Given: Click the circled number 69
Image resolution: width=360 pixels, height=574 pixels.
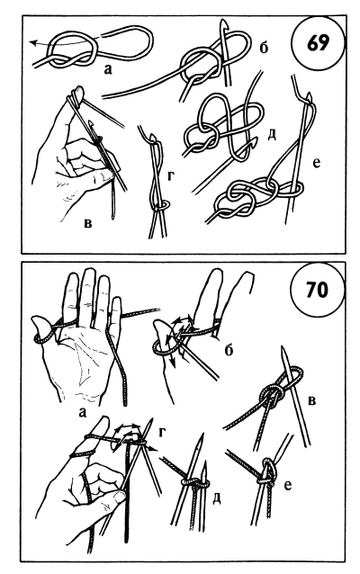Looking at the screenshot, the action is pyautogui.click(x=319, y=43).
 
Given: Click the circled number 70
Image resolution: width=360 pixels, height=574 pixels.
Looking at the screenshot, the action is pyautogui.click(x=316, y=291).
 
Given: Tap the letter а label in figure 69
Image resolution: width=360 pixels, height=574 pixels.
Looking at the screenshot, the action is pyautogui.click(x=107, y=69).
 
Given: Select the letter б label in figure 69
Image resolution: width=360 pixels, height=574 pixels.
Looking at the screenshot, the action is pyautogui.click(x=264, y=47).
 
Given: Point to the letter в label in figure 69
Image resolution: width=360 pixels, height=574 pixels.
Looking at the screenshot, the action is pyautogui.click(x=88, y=222).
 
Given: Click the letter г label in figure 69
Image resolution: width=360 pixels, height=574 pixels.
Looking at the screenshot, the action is pyautogui.click(x=171, y=175).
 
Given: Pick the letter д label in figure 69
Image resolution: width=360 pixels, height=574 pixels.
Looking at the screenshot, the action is pyautogui.click(x=272, y=135).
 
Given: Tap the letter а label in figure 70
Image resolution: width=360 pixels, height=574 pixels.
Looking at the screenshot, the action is pyautogui.click(x=83, y=413).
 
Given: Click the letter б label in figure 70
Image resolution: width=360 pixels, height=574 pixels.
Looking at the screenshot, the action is pyautogui.click(x=229, y=350).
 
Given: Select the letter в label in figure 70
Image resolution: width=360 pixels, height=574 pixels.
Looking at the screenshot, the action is pyautogui.click(x=311, y=401).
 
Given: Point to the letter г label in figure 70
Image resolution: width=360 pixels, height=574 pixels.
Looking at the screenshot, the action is pyautogui.click(x=162, y=433).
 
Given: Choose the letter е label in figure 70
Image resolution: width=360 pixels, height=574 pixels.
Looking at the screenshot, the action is pyautogui.click(x=288, y=486).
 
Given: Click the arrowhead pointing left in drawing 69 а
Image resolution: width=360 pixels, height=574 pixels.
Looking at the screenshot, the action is pyautogui.click(x=33, y=43).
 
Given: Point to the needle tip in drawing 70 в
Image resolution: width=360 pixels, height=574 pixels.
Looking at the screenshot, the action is pyautogui.click(x=283, y=350).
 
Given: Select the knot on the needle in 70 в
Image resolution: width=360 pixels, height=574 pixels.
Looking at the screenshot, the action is pyautogui.click(x=271, y=395).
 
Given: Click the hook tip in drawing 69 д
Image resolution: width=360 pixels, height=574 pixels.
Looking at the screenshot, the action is pyautogui.click(x=256, y=140).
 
